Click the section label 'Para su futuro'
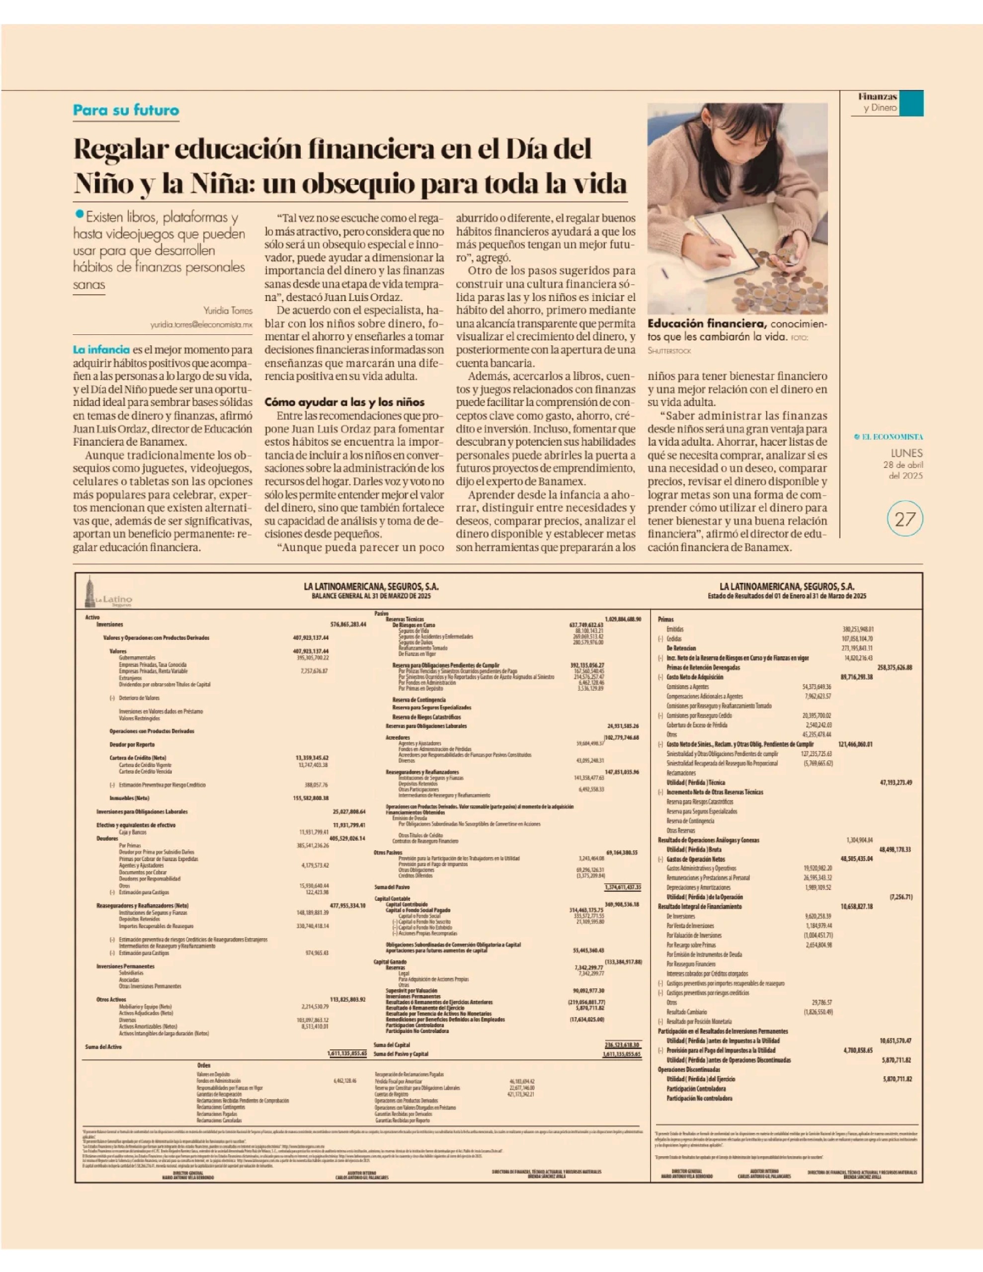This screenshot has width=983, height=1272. pyautogui.click(x=126, y=110)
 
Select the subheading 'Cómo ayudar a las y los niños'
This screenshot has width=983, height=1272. pyautogui.click(x=344, y=402)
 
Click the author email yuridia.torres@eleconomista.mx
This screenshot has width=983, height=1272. pyautogui.click(x=201, y=324)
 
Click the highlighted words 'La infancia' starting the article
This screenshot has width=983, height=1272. pyautogui.click(x=101, y=349)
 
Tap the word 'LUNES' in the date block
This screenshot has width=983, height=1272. pyautogui.click(x=906, y=453)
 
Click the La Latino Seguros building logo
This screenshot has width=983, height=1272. pyautogui.click(x=90, y=592)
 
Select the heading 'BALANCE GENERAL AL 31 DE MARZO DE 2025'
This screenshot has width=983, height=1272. pyautogui.click(x=371, y=596)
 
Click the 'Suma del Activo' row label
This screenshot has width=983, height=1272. pyautogui.click(x=104, y=1046)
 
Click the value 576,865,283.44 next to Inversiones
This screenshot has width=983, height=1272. pyautogui.click(x=348, y=625)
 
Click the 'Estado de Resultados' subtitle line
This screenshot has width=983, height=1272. pyautogui.click(x=787, y=596)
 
